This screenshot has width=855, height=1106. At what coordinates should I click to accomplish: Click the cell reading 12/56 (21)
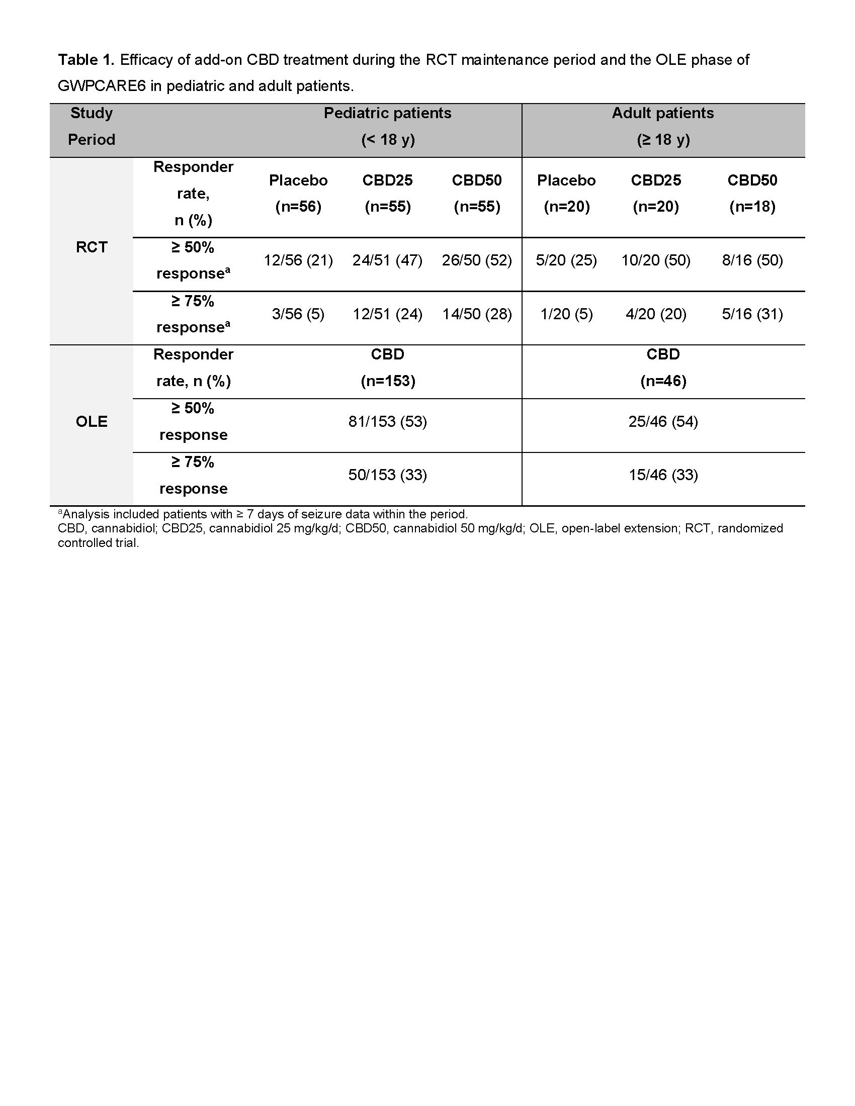pyautogui.click(x=298, y=260)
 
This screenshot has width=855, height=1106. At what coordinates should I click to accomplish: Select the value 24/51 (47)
pyautogui.click(x=387, y=260)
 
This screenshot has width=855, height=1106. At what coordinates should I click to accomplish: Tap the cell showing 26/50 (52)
pyautogui.click(x=477, y=260)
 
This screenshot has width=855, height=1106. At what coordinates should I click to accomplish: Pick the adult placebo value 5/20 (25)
pyautogui.click(x=566, y=260)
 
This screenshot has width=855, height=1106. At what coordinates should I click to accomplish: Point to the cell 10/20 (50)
pyautogui.click(x=655, y=260)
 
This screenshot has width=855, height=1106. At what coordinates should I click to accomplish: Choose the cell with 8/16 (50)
pyautogui.click(x=752, y=260)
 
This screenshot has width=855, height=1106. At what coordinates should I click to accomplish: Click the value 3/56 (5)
pyautogui.click(x=298, y=314)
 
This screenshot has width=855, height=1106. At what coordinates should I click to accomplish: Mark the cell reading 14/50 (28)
pyautogui.click(x=477, y=314)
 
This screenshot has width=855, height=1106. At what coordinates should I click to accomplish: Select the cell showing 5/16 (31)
pyautogui.click(x=752, y=314)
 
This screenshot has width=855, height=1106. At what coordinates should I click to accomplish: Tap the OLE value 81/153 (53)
pyautogui.click(x=387, y=422)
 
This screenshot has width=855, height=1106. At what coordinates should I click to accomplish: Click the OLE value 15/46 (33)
pyautogui.click(x=663, y=475)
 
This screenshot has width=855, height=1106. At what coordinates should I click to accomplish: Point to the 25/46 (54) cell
pyautogui.click(x=663, y=422)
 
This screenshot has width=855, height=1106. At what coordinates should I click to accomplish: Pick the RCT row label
pyautogui.click(x=92, y=247)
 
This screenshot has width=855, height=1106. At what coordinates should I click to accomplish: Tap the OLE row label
pyautogui.click(x=92, y=422)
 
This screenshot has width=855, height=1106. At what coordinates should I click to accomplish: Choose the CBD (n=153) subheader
pyautogui.click(x=387, y=367)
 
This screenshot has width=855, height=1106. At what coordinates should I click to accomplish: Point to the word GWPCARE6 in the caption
pyautogui.click(x=102, y=86)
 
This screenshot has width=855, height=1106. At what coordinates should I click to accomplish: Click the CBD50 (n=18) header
pyautogui.click(x=752, y=194)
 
